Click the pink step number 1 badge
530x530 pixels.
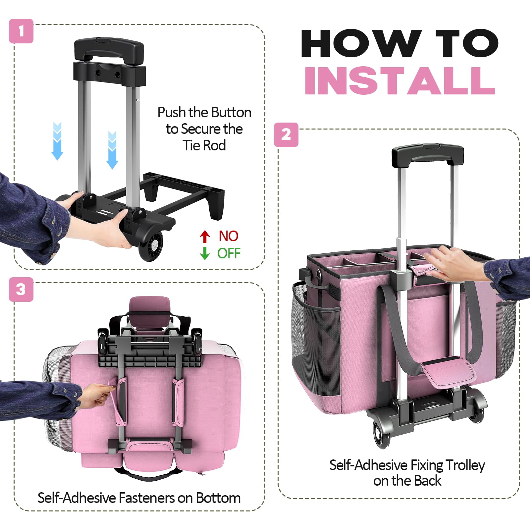pos(21,31)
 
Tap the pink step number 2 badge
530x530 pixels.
pos(286,135)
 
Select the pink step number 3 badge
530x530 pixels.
pos(21,290)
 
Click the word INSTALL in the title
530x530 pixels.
pos(399,80)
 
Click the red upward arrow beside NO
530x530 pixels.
pos(205,237)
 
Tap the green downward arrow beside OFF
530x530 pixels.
pos(205,253)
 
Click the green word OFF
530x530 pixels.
pos(229,253)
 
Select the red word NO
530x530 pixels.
pos(229,236)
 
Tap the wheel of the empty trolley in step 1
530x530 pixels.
pos(151,245)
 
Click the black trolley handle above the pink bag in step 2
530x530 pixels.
pos(428,155)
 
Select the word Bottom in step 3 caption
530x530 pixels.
pos(218,498)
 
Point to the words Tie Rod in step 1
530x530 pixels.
pos(204,146)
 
